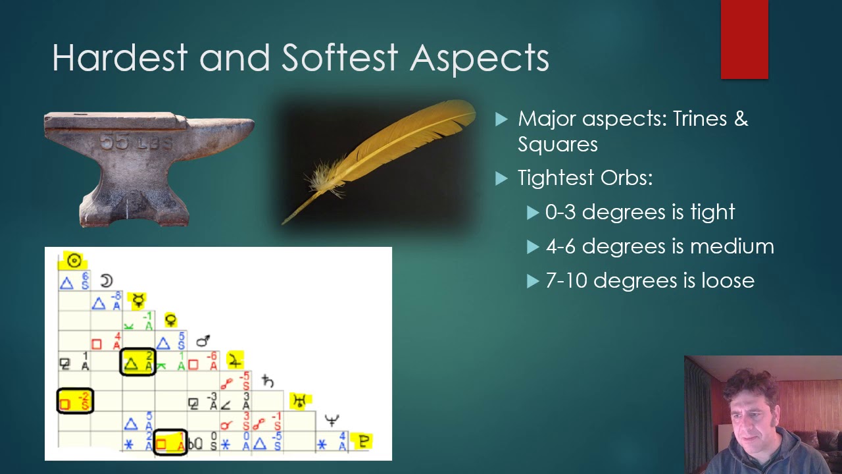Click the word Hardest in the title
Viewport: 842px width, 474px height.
tap(120, 58)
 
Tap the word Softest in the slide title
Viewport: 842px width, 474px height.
tap(339, 58)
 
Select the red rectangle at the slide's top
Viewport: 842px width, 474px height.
tap(744, 39)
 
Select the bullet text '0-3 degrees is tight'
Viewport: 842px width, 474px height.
tap(639, 212)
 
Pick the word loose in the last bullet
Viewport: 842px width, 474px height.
tap(728, 280)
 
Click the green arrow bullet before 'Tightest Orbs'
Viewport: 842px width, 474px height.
tap(502, 178)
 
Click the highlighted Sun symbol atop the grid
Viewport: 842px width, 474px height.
tap(74, 261)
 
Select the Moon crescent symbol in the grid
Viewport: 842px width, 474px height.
tap(107, 282)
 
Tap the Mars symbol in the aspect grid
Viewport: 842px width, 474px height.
tap(203, 341)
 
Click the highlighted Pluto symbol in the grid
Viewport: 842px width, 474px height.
tap(363, 441)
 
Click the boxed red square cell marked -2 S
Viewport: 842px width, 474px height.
tap(75, 401)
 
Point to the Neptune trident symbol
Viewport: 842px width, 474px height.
tap(332, 420)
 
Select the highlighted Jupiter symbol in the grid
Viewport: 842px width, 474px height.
tap(235, 360)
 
